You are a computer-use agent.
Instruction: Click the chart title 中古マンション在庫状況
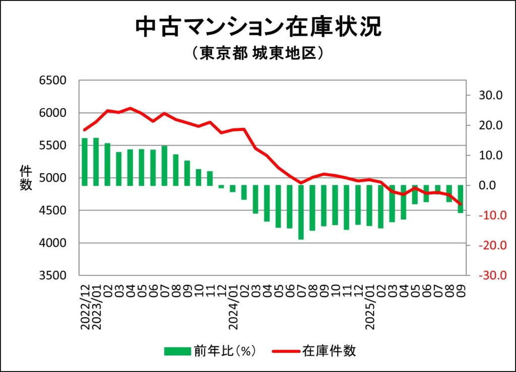(258, 28)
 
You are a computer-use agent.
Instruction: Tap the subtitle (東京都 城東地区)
(257, 53)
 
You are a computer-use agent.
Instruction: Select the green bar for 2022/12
(85, 162)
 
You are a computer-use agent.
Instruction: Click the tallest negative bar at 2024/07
(301, 212)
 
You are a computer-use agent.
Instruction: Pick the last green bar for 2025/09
(460, 199)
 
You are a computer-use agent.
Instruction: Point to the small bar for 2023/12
(221, 187)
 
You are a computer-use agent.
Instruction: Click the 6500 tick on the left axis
(53, 81)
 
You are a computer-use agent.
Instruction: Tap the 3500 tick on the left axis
(53, 276)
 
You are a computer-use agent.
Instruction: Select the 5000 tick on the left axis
(53, 178)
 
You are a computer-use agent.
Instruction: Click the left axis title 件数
(26, 177)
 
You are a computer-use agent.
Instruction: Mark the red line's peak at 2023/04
(130, 108)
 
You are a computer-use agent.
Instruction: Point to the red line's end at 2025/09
(460, 204)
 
